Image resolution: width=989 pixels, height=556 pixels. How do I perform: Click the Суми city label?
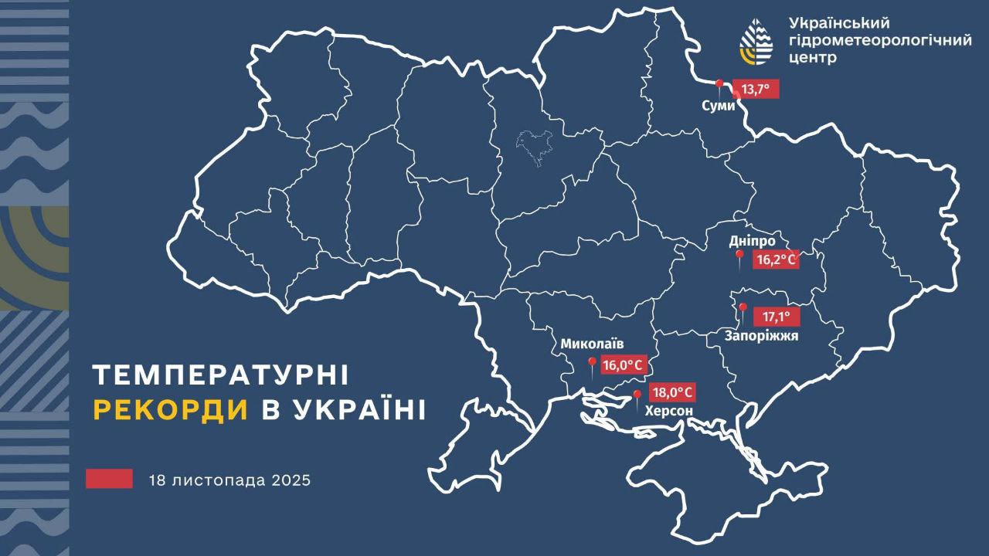pos(719,106)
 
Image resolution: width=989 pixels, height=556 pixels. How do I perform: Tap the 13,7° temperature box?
pos(756,90)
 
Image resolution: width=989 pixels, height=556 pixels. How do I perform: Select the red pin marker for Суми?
pos(719,85)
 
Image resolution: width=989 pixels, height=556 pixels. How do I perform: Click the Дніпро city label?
pos(752,241)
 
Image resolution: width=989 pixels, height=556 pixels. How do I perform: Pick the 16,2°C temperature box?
pos(776,260)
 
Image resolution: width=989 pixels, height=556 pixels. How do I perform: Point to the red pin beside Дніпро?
pos(739,257)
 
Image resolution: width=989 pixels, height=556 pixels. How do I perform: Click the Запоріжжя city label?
pos(761,336)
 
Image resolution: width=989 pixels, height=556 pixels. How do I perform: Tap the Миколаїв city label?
pos(592,344)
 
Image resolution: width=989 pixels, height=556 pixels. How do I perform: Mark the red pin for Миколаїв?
pos(592,364)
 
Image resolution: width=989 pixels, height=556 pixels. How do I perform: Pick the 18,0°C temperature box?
pos(671,392)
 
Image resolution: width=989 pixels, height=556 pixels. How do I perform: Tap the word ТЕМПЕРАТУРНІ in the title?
pos(220,375)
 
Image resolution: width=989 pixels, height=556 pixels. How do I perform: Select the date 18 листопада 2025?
pos(229,480)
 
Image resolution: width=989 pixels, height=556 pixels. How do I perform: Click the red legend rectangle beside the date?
pos(109,479)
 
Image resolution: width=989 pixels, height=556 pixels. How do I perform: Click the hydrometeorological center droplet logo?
pos(756,41)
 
